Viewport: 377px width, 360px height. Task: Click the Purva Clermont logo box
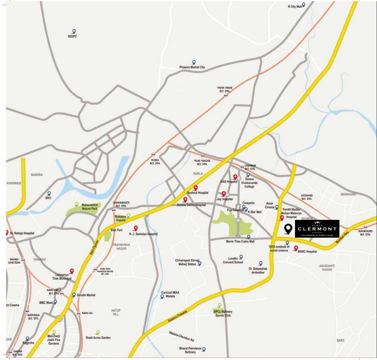[317, 228]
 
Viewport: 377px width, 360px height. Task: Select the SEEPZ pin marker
[74, 32]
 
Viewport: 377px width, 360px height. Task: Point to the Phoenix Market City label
[192, 67]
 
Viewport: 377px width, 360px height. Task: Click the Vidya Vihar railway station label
[225, 89]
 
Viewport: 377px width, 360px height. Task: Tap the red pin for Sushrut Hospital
[196, 187]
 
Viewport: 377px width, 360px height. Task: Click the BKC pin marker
[48, 193]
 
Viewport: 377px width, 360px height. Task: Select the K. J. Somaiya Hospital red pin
[136, 228]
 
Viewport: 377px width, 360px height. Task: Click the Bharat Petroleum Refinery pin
[204, 349]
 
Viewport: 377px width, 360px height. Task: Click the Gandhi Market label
[86, 295]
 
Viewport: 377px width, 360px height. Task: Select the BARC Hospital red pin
[296, 247]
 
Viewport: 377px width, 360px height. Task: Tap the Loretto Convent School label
[233, 261]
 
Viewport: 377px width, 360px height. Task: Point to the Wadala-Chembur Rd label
[182, 336]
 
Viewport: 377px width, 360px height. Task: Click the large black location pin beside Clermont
[288, 229]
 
